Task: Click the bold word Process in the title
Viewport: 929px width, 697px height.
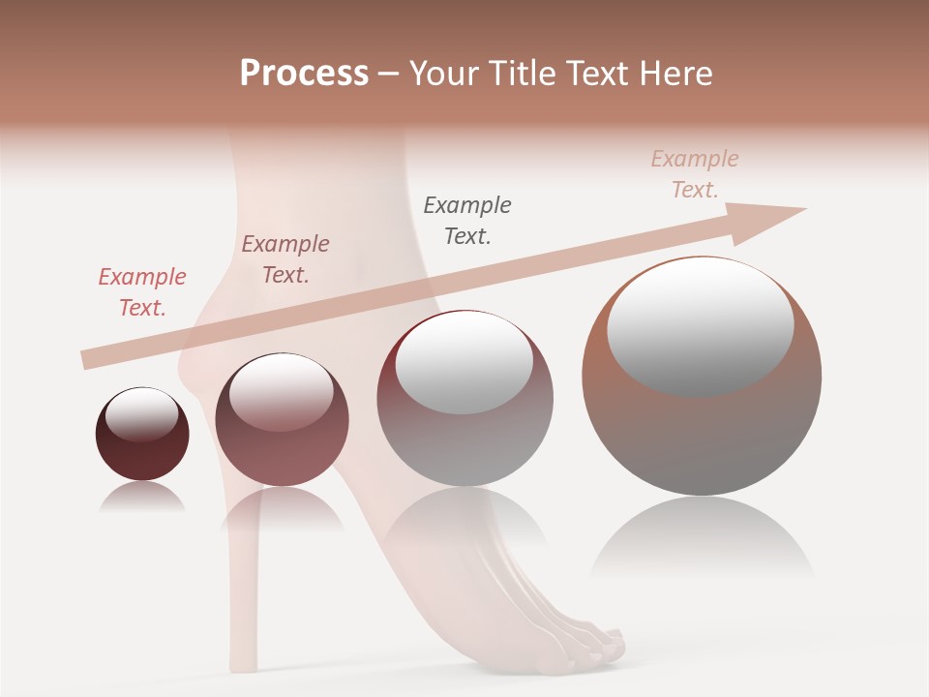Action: pos(304,73)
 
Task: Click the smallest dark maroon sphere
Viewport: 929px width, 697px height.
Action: pos(142,434)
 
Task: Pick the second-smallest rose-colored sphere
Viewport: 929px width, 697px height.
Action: pos(282,419)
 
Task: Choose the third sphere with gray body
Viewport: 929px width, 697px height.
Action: pos(464,399)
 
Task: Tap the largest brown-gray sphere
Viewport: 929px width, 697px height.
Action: pos(702,376)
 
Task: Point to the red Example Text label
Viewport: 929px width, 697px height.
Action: pos(141,292)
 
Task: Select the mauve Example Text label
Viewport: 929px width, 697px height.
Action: pos(285,259)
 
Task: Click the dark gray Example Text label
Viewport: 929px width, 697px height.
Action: pos(467,221)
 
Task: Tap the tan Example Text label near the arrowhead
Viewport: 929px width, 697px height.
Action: pos(695,174)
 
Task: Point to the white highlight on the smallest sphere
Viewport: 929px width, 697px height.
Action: pos(141,414)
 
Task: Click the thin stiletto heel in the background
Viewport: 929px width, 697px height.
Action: pos(239,581)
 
